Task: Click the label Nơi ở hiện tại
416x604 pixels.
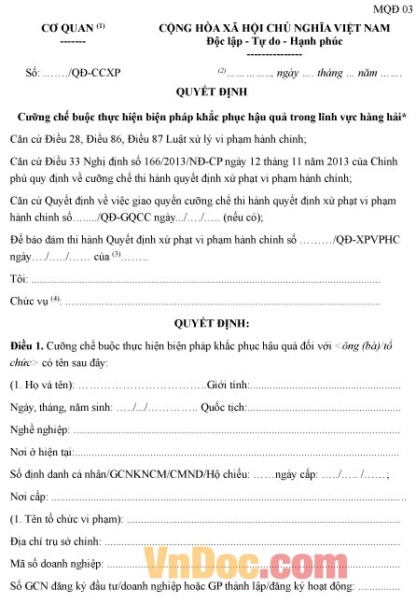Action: pos(43,452)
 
